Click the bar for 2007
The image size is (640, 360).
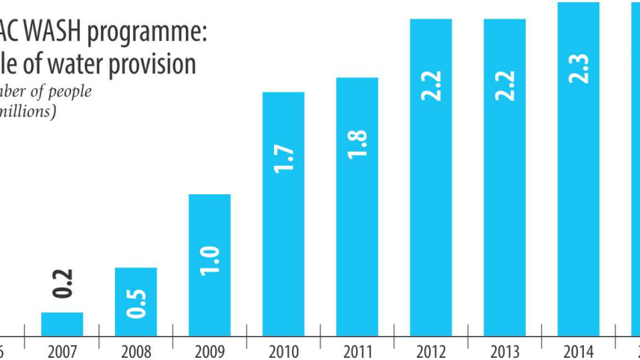point(62,324)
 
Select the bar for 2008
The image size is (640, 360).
point(136,302)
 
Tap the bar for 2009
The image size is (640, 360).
point(210,265)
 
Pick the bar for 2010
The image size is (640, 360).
point(283,214)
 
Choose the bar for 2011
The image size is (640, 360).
point(357,207)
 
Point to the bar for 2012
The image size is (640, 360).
point(431,178)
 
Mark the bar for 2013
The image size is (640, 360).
point(505,178)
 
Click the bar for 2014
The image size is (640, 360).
point(578,170)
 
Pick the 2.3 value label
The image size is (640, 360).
point(580,69)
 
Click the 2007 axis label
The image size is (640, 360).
point(62,350)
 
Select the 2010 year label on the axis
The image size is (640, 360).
point(283,350)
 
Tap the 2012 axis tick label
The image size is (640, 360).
point(431,350)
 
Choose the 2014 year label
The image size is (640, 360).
point(578,350)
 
